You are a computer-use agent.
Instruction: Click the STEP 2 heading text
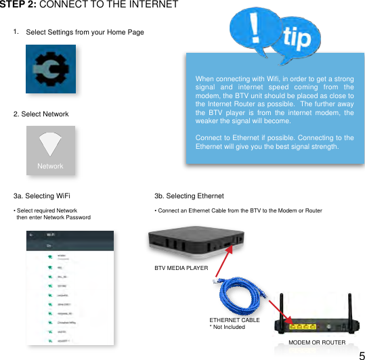[x=89, y=5]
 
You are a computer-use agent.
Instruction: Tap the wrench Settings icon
[x=51, y=70]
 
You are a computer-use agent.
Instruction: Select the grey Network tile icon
[x=50, y=150]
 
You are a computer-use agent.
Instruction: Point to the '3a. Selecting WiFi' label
[x=42, y=196]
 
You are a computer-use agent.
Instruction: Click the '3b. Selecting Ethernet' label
[x=189, y=196]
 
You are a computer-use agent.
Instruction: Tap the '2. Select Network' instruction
[x=41, y=114]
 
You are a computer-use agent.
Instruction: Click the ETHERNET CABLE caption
[x=234, y=319]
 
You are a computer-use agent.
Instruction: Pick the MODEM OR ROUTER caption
[x=317, y=342]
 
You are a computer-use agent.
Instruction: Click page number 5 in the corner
[x=362, y=354]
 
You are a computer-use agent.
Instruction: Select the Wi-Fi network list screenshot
[x=70, y=287]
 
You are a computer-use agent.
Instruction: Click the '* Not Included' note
[x=227, y=327]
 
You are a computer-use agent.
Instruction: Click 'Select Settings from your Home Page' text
[x=85, y=32]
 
